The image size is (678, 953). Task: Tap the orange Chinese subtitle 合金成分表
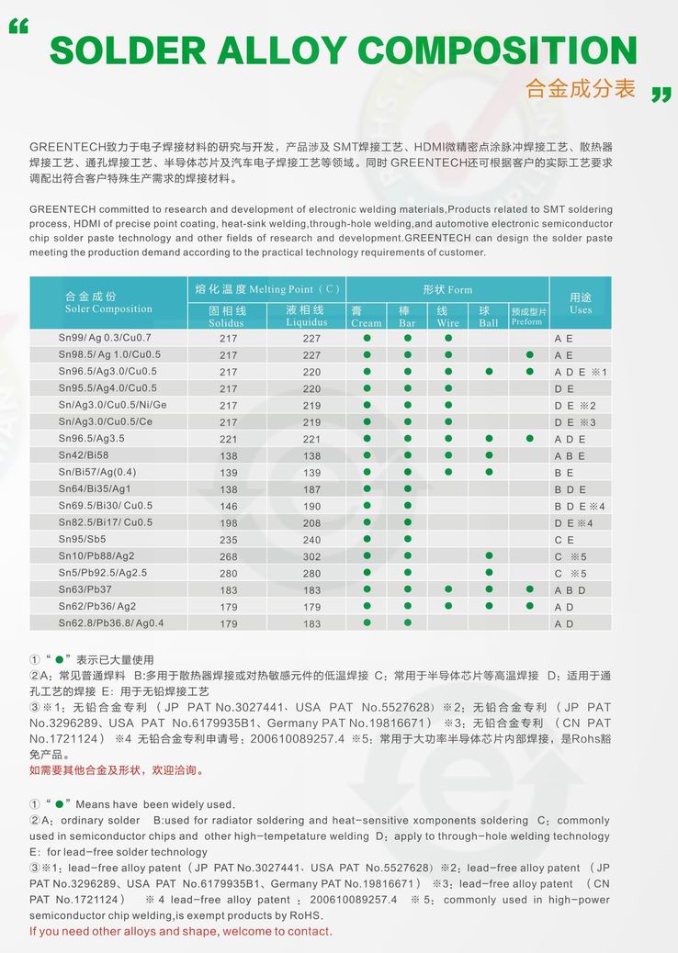581,88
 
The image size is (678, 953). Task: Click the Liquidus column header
306,317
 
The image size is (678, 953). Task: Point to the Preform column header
527,317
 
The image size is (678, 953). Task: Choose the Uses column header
581,303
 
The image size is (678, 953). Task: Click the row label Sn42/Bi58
84,455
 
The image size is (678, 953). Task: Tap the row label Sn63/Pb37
85,589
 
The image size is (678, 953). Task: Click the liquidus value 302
312,556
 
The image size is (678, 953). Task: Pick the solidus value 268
229,556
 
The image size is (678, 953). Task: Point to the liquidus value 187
312,489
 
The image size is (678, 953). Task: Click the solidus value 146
229,506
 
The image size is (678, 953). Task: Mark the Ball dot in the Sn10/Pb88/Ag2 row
489,555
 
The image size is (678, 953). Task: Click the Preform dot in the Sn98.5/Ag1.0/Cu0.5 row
529,354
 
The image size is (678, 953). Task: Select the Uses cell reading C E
564,540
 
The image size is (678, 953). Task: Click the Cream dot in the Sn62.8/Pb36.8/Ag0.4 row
367,622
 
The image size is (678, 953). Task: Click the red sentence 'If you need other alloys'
180,931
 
